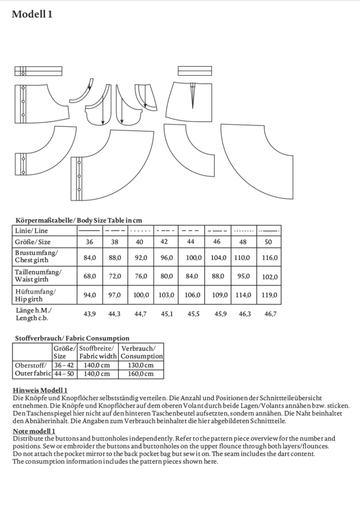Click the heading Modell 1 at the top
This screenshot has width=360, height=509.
pyautogui.click(x=32, y=14)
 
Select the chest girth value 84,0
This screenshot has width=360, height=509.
pyautogui.click(x=90, y=258)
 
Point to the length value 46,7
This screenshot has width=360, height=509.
pyautogui.click(x=270, y=314)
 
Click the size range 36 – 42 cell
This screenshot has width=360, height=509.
pyautogui.click(x=64, y=365)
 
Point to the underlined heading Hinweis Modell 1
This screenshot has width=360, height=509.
pyautogui.click(x=40, y=391)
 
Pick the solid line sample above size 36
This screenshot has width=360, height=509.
pyautogui.click(x=90, y=231)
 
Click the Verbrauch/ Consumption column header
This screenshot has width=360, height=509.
pyautogui.click(x=141, y=352)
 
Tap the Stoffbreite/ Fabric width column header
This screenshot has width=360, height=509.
pyautogui.click(x=98, y=352)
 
